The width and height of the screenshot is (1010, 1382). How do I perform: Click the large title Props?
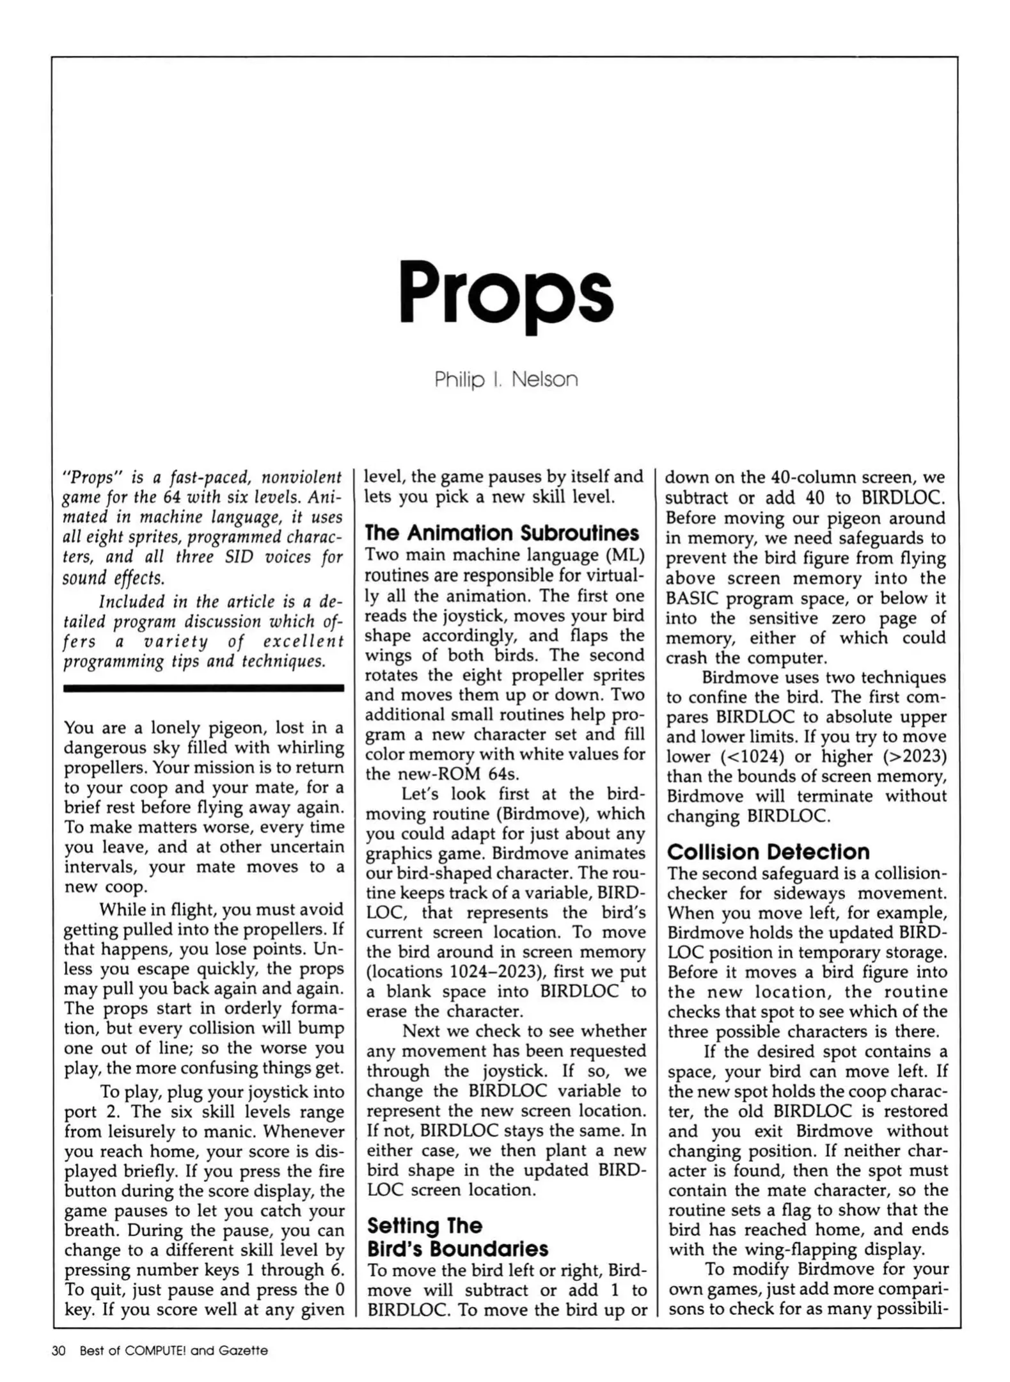coord(505,293)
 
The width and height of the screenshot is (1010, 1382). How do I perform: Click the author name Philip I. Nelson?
coord(505,380)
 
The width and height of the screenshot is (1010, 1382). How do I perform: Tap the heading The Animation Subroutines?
coord(501,533)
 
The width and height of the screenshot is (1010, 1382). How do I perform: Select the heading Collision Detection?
coord(768,852)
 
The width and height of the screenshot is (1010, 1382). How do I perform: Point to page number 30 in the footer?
coord(59,1351)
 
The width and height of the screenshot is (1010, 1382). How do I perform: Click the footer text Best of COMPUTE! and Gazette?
coord(173,1351)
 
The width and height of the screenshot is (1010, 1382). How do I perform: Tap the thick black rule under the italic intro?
coord(203,688)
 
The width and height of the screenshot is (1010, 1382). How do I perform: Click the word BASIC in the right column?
coord(693,599)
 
